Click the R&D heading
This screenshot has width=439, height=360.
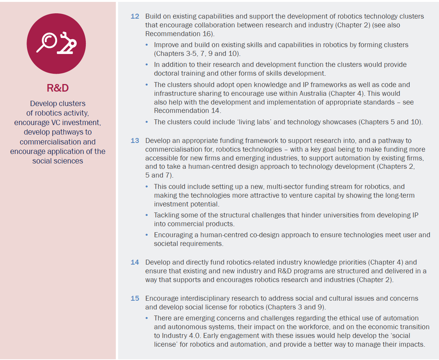(x=57, y=88)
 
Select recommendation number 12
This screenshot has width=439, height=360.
(x=135, y=17)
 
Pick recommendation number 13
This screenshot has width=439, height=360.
(x=135, y=141)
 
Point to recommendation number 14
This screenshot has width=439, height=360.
(x=135, y=262)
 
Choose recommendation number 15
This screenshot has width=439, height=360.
(x=135, y=298)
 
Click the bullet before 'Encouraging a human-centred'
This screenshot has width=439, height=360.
(x=147, y=235)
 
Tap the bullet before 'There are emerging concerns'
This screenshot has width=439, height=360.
(x=147, y=319)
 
